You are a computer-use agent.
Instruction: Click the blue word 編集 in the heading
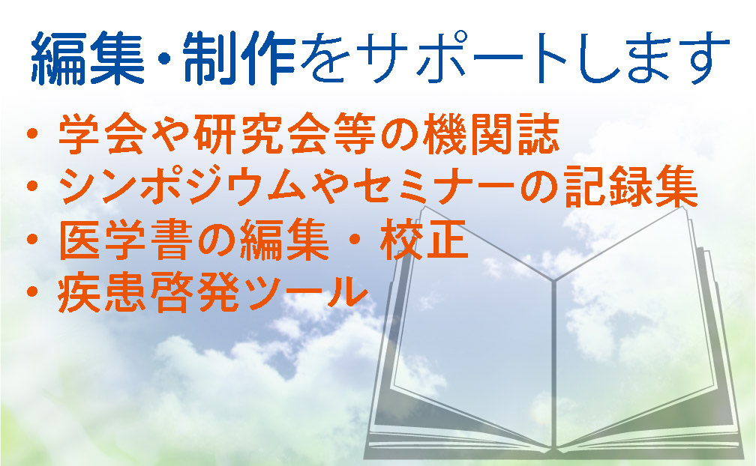[x=88, y=58]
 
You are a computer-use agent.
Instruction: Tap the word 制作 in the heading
[x=240, y=58]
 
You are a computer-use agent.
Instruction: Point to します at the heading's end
[x=654, y=58]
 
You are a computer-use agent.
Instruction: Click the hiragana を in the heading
[x=326, y=58]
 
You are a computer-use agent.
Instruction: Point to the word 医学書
[x=124, y=239]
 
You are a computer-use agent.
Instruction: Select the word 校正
[x=424, y=239]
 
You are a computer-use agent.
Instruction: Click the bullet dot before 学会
[x=32, y=134]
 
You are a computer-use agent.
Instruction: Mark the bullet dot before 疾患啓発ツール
[x=32, y=291]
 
